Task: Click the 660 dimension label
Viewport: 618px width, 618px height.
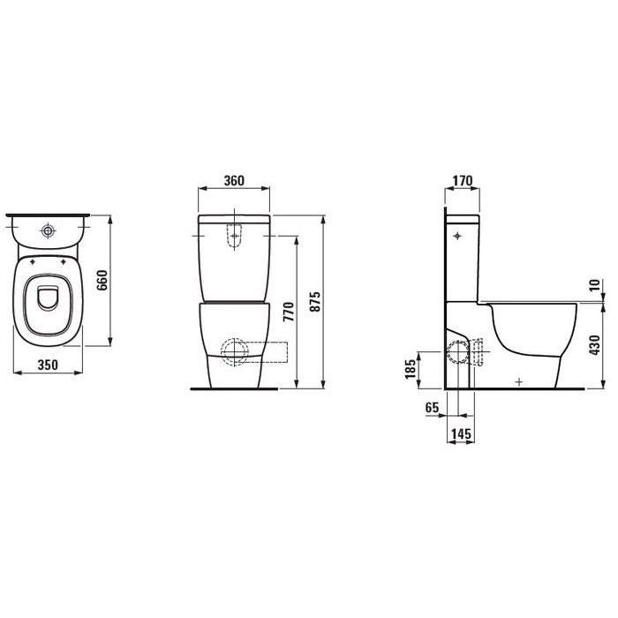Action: click(102, 280)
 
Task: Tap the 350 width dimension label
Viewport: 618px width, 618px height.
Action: click(48, 365)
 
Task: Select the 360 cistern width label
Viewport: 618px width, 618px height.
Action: click(234, 180)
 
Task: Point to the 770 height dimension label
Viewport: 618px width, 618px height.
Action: click(289, 312)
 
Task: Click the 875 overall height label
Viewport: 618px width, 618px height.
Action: click(315, 302)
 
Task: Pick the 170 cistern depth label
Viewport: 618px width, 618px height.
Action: click(462, 180)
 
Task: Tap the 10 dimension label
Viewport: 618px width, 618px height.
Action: click(595, 284)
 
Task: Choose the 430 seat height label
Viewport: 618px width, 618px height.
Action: click(595, 345)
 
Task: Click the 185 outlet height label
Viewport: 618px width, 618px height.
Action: click(411, 368)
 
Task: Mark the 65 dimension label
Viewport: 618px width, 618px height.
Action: click(432, 407)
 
